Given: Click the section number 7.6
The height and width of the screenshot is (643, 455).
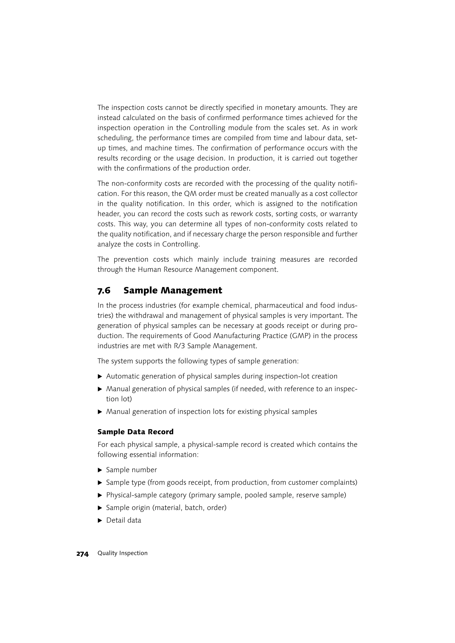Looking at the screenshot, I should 104,290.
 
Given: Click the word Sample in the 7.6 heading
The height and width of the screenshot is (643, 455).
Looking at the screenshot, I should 141,290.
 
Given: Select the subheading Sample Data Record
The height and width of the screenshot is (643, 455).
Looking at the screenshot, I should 135,432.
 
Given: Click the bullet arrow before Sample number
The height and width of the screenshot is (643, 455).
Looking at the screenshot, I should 100,470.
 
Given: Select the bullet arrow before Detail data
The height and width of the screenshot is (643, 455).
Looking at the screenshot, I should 100,521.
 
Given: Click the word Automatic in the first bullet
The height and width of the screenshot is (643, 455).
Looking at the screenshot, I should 122,376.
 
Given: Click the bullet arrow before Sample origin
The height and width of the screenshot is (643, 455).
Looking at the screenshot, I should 100,508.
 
